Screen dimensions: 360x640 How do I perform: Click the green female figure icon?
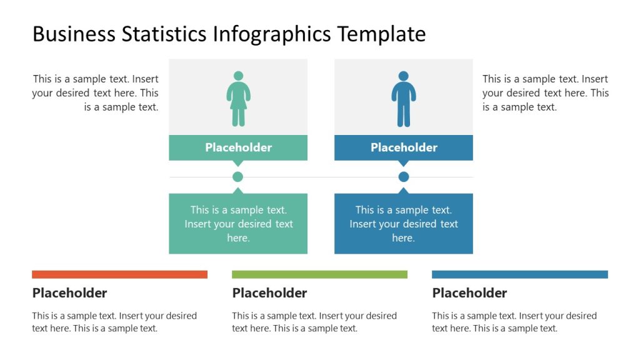tap(238, 98)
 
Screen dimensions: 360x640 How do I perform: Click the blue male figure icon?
tap(404, 98)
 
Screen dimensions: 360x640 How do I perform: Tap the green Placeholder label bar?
tap(238, 147)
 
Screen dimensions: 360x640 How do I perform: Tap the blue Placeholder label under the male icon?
tap(404, 147)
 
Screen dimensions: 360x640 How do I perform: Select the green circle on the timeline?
tap(237, 177)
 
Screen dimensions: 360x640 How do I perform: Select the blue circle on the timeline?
tap(404, 177)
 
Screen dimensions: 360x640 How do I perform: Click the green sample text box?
tap(238, 224)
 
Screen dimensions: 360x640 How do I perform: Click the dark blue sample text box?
tap(404, 224)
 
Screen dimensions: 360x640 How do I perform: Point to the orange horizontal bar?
tap(119, 274)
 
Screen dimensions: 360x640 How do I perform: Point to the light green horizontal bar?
tap(319, 274)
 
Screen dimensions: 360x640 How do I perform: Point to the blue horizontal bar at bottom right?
tap(519, 274)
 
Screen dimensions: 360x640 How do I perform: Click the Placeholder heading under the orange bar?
tap(69, 293)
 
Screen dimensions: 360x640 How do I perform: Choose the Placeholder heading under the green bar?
tap(269, 293)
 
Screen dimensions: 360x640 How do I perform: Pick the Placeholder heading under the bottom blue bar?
tap(469, 293)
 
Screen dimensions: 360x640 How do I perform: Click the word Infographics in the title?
tap(272, 34)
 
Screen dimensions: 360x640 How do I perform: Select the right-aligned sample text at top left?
tap(96, 93)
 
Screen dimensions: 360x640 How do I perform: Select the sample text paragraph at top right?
tap(545, 93)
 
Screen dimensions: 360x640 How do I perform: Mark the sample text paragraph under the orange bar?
tap(114, 322)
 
